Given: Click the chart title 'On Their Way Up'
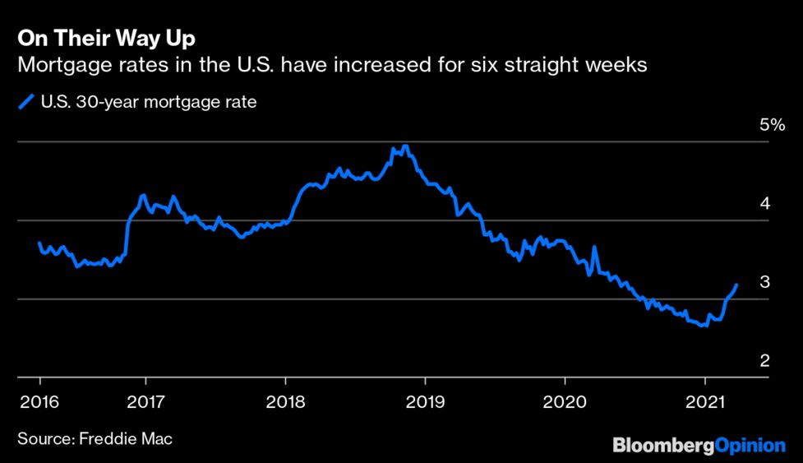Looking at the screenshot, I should (106, 39).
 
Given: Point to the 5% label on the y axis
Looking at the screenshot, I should (773, 126).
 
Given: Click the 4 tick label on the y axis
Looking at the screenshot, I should (764, 203).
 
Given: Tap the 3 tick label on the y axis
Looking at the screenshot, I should (764, 282).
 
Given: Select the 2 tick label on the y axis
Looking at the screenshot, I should (764, 361).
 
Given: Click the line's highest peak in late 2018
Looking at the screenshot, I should (405, 146).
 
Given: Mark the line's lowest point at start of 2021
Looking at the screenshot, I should (703, 326).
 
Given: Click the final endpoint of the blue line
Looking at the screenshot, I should (736, 285).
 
